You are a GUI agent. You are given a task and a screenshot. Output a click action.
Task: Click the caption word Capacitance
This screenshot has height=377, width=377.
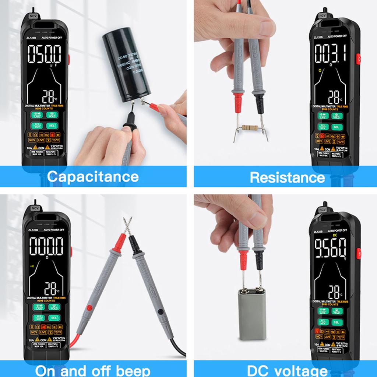pyautogui.click(x=93, y=177)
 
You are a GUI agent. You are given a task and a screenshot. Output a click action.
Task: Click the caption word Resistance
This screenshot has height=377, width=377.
pyautogui.click(x=287, y=177)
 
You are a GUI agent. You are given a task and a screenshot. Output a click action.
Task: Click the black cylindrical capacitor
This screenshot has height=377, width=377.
pyautogui.click(x=126, y=66)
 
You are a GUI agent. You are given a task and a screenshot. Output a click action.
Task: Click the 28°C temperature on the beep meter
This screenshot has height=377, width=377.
pyautogui.click(x=50, y=288)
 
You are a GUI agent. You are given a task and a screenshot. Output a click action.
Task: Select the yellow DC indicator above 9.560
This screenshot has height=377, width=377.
pyautogui.click(x=335, y=235)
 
